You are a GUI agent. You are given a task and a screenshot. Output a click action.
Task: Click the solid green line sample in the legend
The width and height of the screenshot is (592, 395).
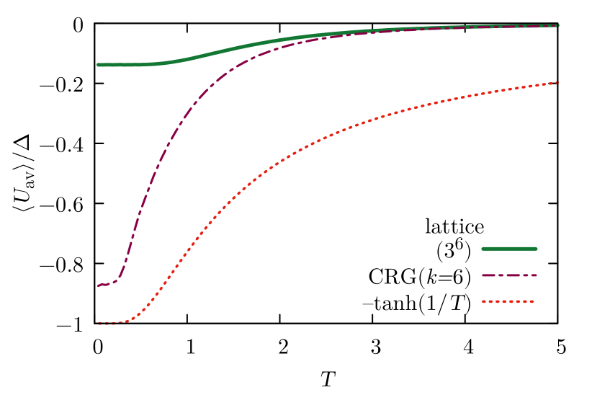[x=509, y=249]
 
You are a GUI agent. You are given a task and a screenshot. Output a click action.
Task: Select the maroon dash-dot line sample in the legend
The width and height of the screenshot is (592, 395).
[x=509, y=275]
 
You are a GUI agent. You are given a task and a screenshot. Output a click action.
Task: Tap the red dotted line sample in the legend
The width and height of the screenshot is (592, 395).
[x=508, y=302]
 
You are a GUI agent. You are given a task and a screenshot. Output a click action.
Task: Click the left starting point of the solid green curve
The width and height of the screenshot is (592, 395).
[x=99, y=65]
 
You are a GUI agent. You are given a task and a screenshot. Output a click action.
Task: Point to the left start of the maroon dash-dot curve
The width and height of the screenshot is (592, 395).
[x=99, y=285]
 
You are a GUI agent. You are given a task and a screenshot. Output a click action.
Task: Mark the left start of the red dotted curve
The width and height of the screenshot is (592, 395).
[x=99, y=324]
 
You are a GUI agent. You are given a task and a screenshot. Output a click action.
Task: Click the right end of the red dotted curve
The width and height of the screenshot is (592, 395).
[x=557, y=83]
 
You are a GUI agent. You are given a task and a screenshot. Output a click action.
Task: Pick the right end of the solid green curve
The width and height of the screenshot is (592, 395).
[x=558, y=26]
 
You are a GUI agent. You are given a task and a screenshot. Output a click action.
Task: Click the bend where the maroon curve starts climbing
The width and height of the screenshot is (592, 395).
[x=119, y=277]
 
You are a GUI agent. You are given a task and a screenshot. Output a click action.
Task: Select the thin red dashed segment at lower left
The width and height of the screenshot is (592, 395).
[x=106, y=325]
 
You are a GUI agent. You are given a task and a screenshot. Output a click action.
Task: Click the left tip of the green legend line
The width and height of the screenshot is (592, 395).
[x=483, y=249]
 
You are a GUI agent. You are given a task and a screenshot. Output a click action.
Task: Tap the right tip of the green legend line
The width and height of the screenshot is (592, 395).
[x=536, y=249]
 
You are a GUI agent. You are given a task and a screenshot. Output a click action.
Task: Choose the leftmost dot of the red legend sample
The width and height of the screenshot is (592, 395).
[x=484, y=302]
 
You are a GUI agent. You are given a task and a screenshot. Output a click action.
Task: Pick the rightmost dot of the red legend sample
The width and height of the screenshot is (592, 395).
[x=532, y=302]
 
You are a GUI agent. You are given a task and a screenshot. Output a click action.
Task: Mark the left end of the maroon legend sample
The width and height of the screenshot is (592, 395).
[x=483, y=275]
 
